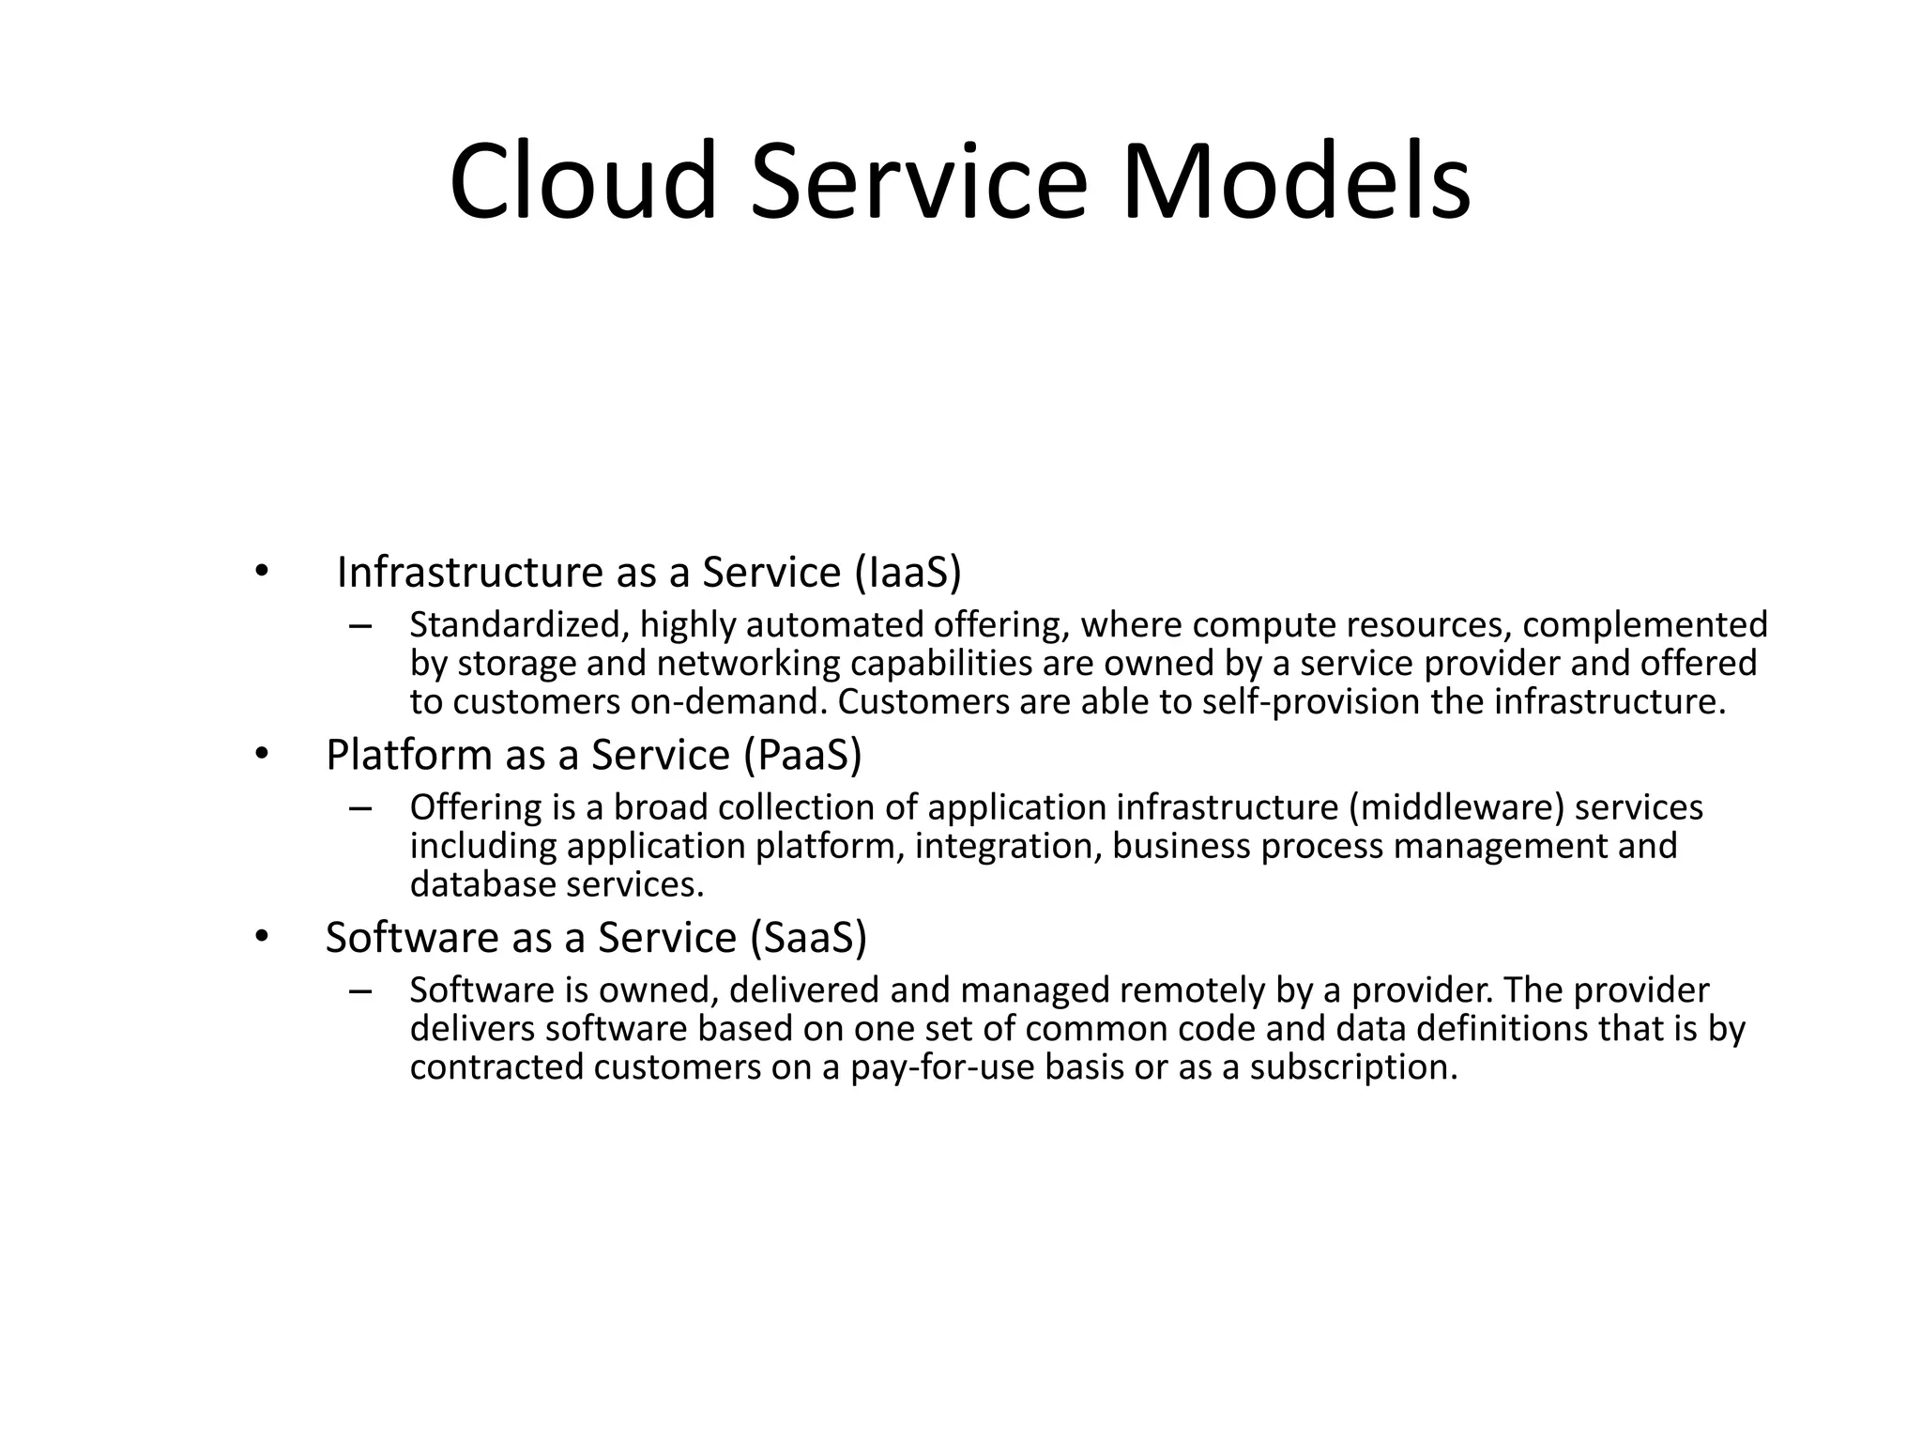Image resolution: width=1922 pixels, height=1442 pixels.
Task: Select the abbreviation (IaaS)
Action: [908, 572]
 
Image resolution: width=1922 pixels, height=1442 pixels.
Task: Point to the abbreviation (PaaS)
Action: [802, 755]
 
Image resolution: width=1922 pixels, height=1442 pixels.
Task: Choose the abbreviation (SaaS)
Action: [809, 937]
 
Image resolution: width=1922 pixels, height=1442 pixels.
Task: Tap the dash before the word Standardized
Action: [359, 625]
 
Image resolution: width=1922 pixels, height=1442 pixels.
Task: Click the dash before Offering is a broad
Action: [359, 808]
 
